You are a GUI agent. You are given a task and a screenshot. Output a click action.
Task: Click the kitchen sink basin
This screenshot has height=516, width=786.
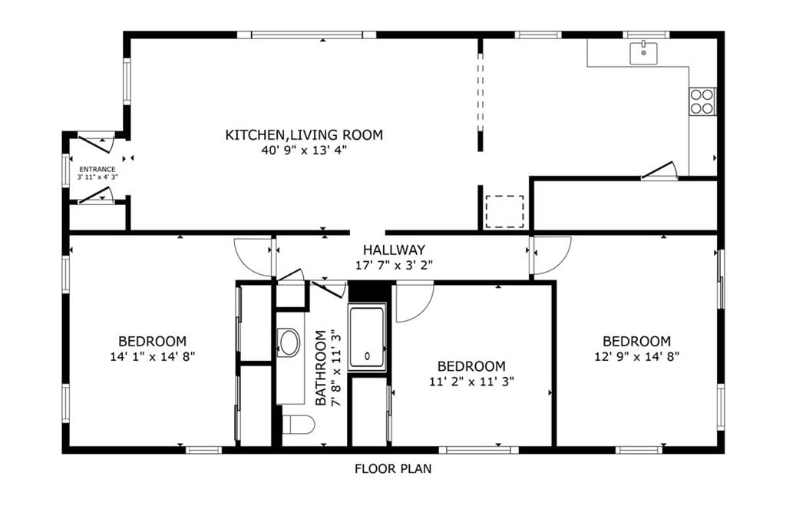[x=644, y=53]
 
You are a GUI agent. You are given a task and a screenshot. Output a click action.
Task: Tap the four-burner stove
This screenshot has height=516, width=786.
[x=702, y=101]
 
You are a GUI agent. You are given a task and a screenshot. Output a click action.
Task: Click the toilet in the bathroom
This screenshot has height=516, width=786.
[x=299, y=425]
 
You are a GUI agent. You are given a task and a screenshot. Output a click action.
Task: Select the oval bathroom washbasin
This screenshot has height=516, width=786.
[x=289, y=343]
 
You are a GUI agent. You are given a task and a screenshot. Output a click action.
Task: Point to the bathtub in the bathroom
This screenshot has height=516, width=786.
[x=368, y=337]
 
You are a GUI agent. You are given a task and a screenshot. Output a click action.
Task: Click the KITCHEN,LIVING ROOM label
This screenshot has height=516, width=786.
[x=304, y=135]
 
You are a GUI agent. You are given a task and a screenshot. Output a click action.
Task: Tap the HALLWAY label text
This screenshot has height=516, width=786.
[x=394, y=250]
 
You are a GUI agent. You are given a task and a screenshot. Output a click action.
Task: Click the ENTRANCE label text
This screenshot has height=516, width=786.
[x=97, y=170]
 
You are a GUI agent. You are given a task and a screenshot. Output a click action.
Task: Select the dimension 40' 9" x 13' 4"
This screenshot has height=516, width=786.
[x=304, y=150]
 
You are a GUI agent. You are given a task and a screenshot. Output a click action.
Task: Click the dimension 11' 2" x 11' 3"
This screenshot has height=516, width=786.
[x=472, y=382]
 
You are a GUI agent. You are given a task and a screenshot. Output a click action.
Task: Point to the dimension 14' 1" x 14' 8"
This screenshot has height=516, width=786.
[x=153, y=356]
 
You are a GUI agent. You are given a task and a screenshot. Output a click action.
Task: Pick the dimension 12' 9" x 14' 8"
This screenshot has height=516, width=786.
[x=636, y=356]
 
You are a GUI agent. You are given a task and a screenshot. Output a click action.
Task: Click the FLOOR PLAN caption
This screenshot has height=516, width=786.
[x=393, y=469]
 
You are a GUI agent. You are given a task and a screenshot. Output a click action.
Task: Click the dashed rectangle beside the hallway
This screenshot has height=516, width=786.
[x=505, y=212]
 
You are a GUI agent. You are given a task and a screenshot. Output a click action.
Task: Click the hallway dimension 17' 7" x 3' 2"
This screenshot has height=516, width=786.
[x=394, y=265]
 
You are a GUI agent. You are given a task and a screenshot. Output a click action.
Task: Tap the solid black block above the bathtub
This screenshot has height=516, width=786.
[x=369, y=291]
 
